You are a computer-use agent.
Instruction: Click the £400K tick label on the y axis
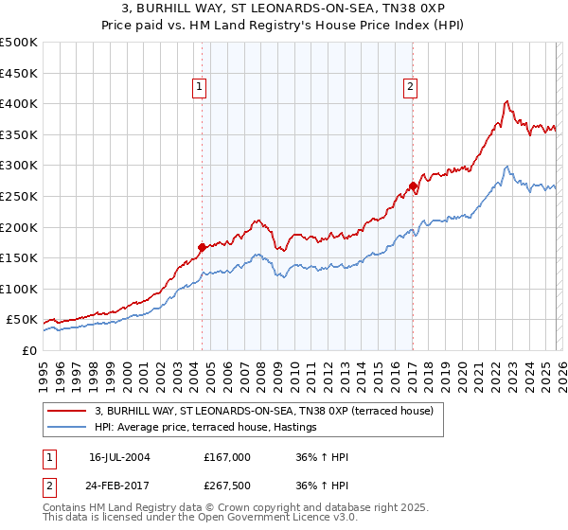pyautogui.click(x=18, y=103)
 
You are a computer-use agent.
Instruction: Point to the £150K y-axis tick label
pyautogui.click(x=18, y=257)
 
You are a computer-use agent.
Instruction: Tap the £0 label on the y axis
pyautogui.click(x=28, y=350)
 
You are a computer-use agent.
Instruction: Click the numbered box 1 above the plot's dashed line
pyautogui.click(x=201, y=87)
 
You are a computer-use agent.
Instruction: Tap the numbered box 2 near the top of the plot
pyautogui.click(x=411, y=87)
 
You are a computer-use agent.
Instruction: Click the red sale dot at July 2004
pyautogui.click(x=203, y=248)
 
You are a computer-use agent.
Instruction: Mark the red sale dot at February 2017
pyautogui.click(x=413, y=185)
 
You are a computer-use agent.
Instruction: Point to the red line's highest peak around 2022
pyautogui.click(x=507, y=101)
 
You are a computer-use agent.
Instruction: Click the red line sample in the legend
pyautogui.click(x=66, y=411)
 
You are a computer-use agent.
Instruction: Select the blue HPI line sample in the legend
pyautogui.click(x=66, y=428)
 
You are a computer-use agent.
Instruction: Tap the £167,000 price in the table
pyautogui.click(x=227, y=457)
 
